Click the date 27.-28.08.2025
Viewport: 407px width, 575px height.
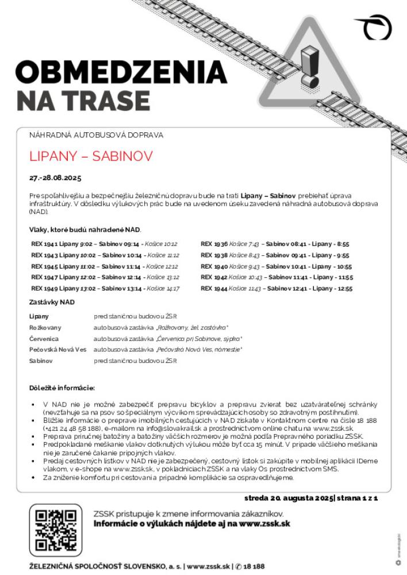click(56, 177)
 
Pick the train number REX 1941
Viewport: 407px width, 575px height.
click(44, 244)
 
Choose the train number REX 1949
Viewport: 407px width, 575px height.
click(44, 288)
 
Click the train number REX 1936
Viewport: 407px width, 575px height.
click(214, 244)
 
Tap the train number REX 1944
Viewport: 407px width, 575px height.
click(214, 288)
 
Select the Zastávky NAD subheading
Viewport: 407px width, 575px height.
click(52, 302)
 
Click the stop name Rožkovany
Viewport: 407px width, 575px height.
click(45, 327)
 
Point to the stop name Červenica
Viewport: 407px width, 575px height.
click(44, 339)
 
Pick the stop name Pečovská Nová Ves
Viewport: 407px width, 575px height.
click(57, 350)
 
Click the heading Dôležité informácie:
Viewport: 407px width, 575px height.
click(62, 388)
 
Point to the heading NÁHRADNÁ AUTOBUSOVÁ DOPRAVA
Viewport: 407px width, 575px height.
click(96, 135)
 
